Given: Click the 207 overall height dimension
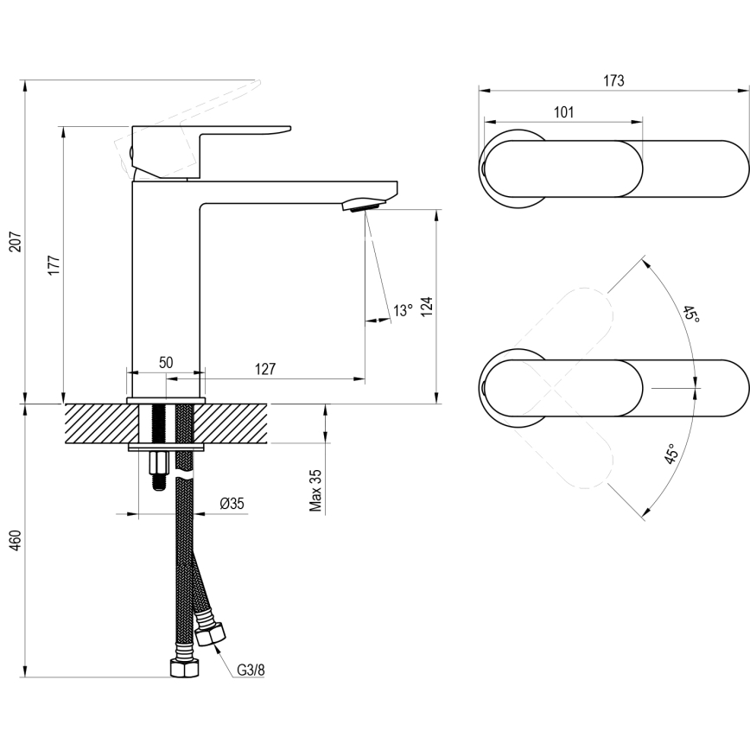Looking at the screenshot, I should click(x=15, y=245).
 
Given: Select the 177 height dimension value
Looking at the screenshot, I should click(x=54, y=264).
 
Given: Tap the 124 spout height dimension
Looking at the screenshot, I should click(x=426, y=307).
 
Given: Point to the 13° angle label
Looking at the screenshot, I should click(x=403, y=311).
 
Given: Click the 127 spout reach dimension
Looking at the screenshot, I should click(x=265, y=369).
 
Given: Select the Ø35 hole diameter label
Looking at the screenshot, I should click(x=231, y=504).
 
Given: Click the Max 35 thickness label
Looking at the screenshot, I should click(x=316, y=491).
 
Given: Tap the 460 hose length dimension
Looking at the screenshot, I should click(x=15, y=540).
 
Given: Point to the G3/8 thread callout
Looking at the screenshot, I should click(x=251, y=668).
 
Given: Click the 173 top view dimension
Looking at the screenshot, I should click(x=613, y=80).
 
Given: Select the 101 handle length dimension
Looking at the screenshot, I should click(x=562, y=112).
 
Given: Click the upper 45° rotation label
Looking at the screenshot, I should click(x=690, y=315).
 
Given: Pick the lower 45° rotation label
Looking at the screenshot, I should click(x=671, y=454).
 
